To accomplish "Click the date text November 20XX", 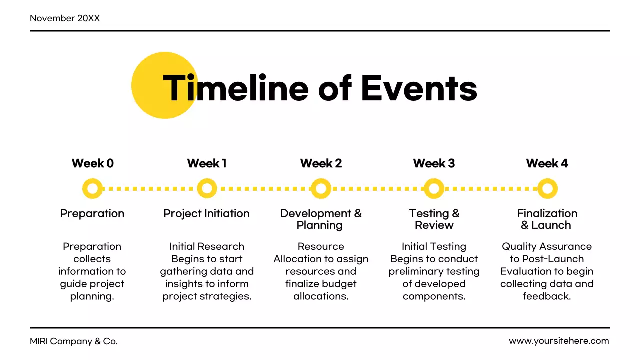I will point(65,18).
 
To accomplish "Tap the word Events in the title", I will point(419,88).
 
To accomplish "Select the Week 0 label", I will point(92,163).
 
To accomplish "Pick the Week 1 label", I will point(207,163).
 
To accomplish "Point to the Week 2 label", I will point(321,163).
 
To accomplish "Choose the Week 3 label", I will point(434,163).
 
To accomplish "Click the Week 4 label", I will point(547,163).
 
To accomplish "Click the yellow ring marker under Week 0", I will point(92,189).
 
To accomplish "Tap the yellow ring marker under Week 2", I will point(321,189).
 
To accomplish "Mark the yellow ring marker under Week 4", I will point(547,189).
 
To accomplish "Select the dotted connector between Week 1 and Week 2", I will point(264,189).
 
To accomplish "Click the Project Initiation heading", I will point(206,213).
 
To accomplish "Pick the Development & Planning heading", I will point(320,219).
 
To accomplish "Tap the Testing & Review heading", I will point(434,219).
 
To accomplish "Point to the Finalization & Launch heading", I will point(547,219).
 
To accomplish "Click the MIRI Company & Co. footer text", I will point(74,342).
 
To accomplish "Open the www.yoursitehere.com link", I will point(559,341).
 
